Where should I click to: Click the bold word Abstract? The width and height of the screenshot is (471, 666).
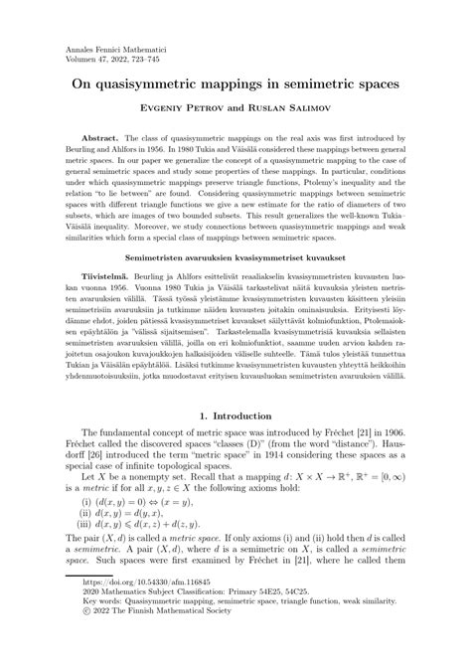pyautogui.click(x=97, y=143)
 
